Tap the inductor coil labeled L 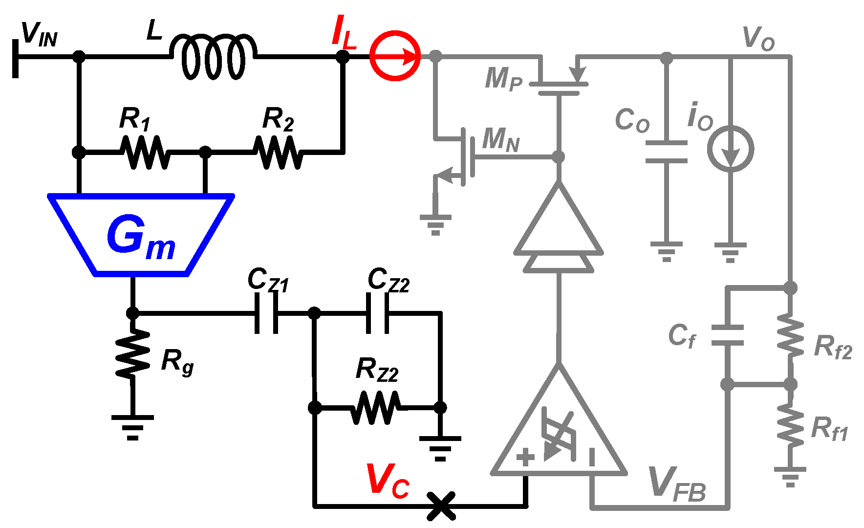tap(213, 57)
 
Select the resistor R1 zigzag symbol tap(145, 153)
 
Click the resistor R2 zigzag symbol tap(278, 153)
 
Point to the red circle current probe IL tap(395, 56)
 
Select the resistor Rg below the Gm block tap(132, 353)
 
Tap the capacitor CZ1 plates tap(266, 313)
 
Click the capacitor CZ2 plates tap(378, 313)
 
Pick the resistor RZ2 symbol tap(376, 407)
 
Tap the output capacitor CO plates tap(666, 152)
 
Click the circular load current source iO tap(731, 149)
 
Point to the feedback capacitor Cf tap(727, 335)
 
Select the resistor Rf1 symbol tap(790, 424)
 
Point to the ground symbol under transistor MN tap(435, 222)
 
